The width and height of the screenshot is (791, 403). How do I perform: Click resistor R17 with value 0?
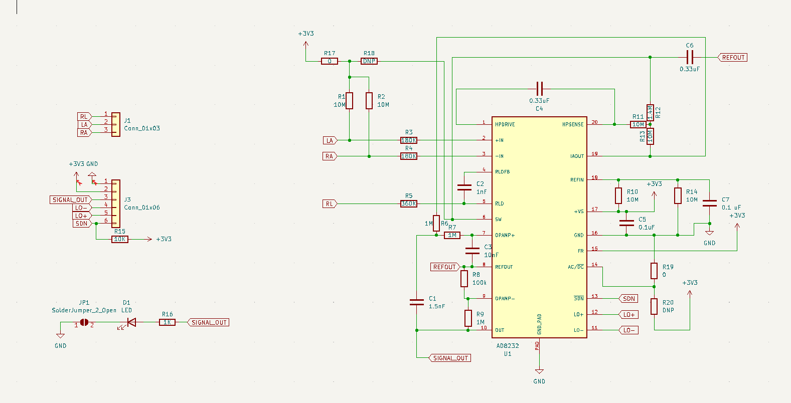pos(330,61)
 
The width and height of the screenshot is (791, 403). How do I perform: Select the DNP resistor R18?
pos(369,61)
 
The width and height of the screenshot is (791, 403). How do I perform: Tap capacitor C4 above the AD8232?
pos(539,89)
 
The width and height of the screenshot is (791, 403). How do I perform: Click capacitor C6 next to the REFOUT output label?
pos(690,57)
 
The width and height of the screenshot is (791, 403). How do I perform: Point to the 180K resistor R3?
pos(409,140)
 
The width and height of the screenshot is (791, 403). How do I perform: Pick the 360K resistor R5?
pos(409,204)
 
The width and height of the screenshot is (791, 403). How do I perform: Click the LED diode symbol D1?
pos(131,322)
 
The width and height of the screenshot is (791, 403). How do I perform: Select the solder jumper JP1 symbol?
pos(84,322)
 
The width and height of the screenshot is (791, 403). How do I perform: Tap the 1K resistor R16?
pos(167,322)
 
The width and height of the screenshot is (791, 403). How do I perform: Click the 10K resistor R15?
pos(119,239)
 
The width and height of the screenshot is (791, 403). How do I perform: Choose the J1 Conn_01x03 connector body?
pos(116,124)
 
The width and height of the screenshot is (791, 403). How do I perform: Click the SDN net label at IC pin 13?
pos(628,298)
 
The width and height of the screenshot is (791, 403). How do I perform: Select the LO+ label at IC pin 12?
pos(628,314)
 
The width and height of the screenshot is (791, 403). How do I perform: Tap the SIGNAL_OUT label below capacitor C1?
pos(450,358)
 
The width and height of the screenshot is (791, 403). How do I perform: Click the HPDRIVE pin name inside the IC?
pos(505,124)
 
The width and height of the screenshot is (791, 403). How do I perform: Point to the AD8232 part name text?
pos(508,345)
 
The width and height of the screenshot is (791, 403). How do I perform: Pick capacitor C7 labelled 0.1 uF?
pos(709,203)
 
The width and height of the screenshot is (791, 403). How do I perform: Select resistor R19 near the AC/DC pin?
pos(654,271)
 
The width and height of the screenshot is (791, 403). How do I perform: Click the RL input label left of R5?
pos(330,204)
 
